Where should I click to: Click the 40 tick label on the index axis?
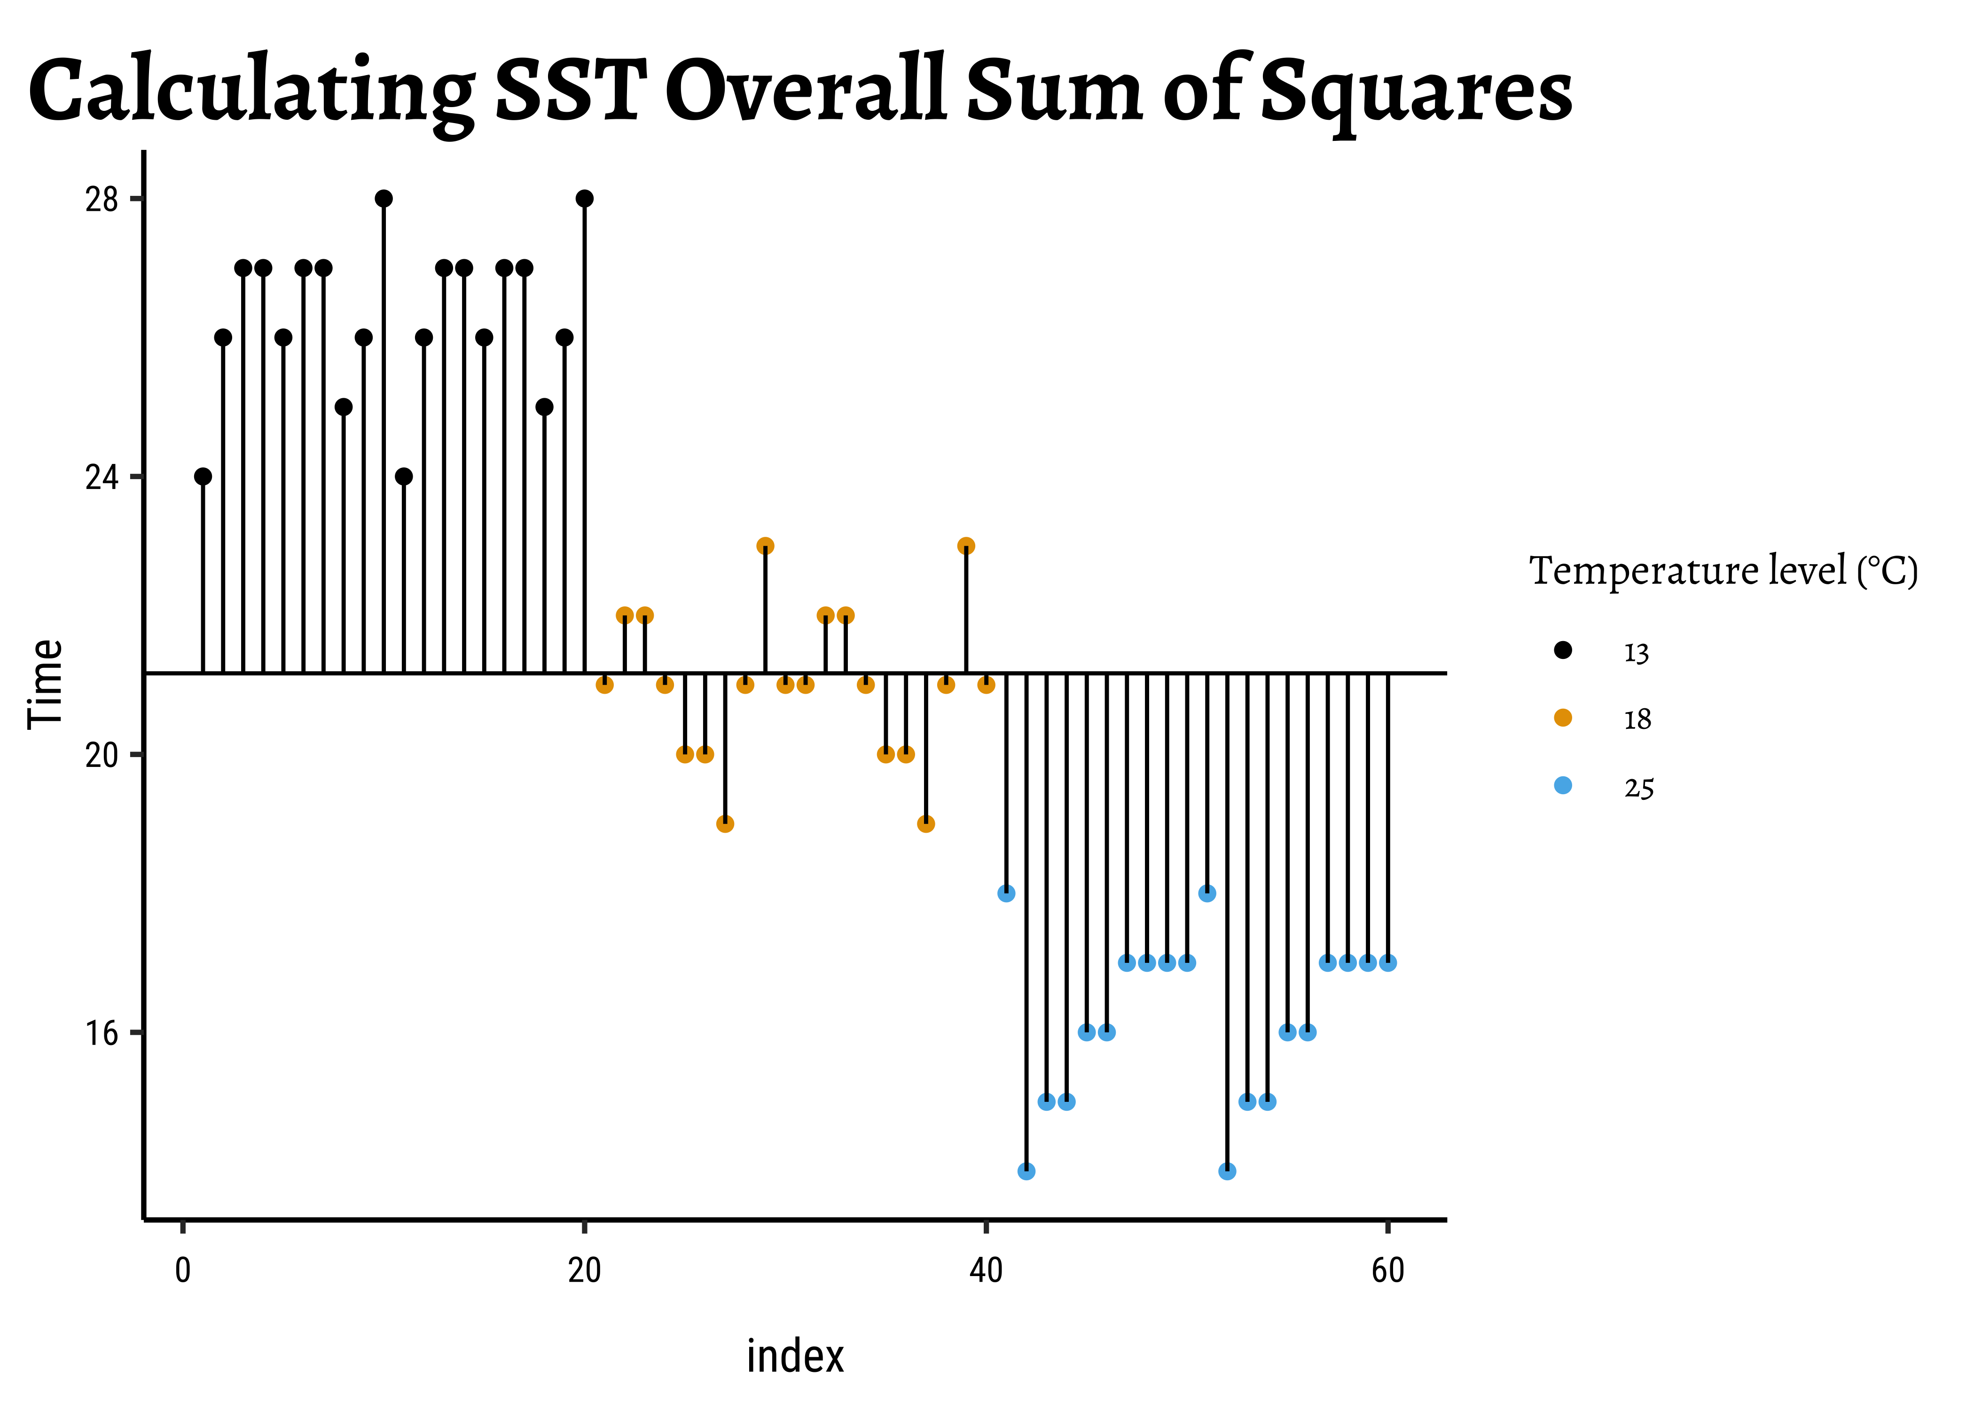click(x=986, y=1270)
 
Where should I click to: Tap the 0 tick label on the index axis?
click(x=182, y=1270)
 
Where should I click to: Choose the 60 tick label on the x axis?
click(x=1388, y=1270)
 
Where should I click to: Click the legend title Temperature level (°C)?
click(x=1723, y=571)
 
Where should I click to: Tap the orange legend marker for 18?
click(x=1563, y=718)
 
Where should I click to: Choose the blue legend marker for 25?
click(x=1563, y=785)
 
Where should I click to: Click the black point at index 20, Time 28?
click(x=584, y=199)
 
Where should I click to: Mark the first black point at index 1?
click(x=203, y=476)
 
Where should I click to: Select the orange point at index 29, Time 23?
click(x=765, y=546)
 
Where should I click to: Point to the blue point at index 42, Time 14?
click(x=1026, y=1171)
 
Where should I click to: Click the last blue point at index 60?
click(x=1388, y=963)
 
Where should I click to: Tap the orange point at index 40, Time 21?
click(x=986, y=685)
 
